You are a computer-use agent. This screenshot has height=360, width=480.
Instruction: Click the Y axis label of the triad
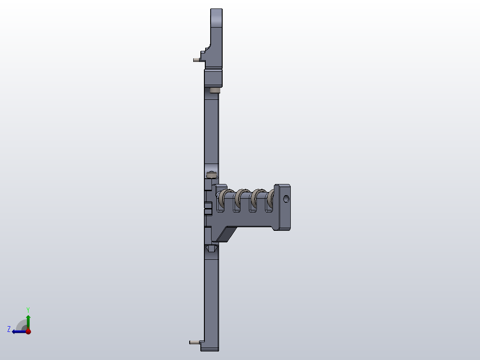click(28, 309)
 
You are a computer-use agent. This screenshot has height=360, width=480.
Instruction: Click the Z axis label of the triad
click(9, 329)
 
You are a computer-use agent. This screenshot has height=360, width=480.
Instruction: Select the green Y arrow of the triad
click(28, 320)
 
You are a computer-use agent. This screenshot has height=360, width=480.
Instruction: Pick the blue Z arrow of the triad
click(18, 331)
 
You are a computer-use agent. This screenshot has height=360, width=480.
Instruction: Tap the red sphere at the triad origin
click(28, 331)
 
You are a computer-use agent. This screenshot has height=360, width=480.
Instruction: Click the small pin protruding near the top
click(196, 60)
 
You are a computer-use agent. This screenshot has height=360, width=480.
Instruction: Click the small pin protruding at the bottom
click(194, 342)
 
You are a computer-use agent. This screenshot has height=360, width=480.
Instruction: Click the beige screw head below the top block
click(215, 90)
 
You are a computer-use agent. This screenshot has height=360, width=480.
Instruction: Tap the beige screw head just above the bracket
click(212, 175)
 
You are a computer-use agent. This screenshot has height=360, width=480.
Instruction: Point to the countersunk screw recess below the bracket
click(211, 249)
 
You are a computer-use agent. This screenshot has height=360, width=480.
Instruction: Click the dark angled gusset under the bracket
click(226, 234)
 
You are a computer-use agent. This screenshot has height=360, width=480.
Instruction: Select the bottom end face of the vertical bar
click(212, 348)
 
